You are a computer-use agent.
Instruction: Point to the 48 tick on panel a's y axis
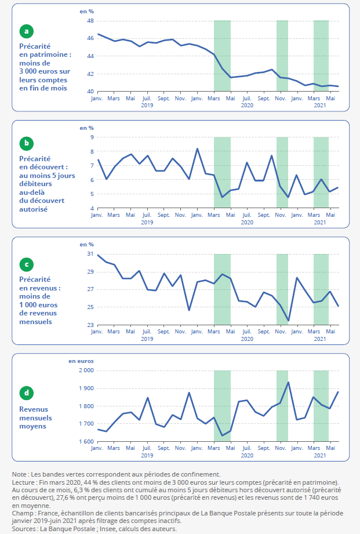[x=90, y=21]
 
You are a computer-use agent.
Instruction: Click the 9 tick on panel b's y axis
[x=92, y=137]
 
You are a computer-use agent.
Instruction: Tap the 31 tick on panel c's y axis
[x=90, y=254]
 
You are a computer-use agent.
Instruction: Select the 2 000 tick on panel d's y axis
[x=86, y=370]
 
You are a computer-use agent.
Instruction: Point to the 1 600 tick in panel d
[x=86, y=442]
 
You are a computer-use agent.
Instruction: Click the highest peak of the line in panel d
[x=288, y=382]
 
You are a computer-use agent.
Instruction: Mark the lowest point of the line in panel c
[x=288, y=321]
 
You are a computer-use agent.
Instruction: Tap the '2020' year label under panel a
[x=247, y=106]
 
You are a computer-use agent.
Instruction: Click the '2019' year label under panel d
[x=147, y=455]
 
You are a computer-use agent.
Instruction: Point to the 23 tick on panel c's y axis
[x=90, y=325]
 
